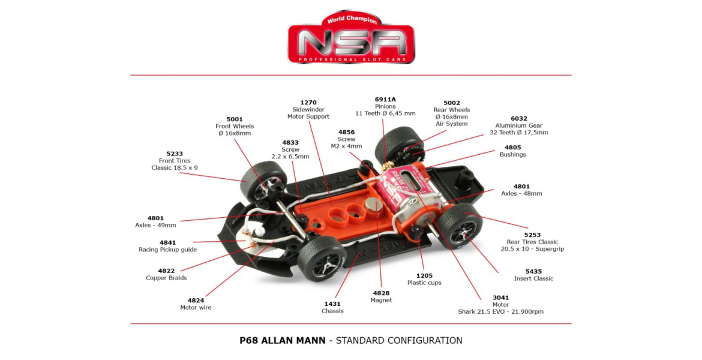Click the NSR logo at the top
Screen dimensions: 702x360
351,38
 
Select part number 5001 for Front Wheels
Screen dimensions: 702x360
235,119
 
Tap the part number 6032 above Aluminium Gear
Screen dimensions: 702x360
519,119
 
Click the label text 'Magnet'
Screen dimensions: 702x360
381,300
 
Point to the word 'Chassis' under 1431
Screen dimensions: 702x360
332,311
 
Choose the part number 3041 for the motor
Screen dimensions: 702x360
500,298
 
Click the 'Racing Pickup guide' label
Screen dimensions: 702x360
167,250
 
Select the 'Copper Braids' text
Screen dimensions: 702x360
166,278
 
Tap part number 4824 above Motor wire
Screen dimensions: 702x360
196,301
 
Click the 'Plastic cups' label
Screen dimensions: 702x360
424,283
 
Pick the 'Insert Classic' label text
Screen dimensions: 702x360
533,278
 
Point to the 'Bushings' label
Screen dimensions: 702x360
512,154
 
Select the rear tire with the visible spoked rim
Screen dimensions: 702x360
460,226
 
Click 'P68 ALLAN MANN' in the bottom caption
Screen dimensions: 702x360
283,340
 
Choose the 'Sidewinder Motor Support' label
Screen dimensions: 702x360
308,113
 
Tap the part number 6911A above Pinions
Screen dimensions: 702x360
385,100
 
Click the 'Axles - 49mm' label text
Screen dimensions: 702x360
155,225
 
